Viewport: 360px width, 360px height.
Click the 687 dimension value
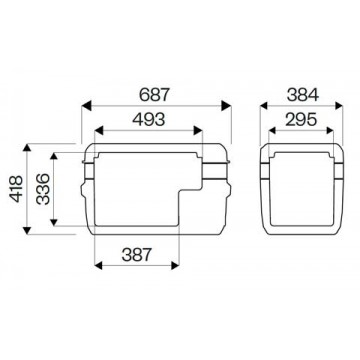pyautogui.click(x=155, y=95)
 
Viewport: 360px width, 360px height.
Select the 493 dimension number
pyautogui.click(x=149, y=120)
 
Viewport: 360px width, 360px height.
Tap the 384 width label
pyautogui.click(x=303, y=95)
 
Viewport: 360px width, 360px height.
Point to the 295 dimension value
pyautogui.click(x=301, y=120)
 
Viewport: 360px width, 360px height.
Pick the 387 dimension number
pyautogui.click(x=137, y=255)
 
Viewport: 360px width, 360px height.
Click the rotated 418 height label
pyautogui.click(x=16, y=189)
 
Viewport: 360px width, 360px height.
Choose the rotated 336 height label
pyautogui.click(x=43, y=189)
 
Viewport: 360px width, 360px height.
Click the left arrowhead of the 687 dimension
pyautogui.click(x=86, y=106)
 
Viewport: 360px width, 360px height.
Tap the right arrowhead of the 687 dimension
pyautogui.click(x=226, y=106)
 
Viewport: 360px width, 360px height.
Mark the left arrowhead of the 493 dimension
pyautogui.click(x=99, y=131)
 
